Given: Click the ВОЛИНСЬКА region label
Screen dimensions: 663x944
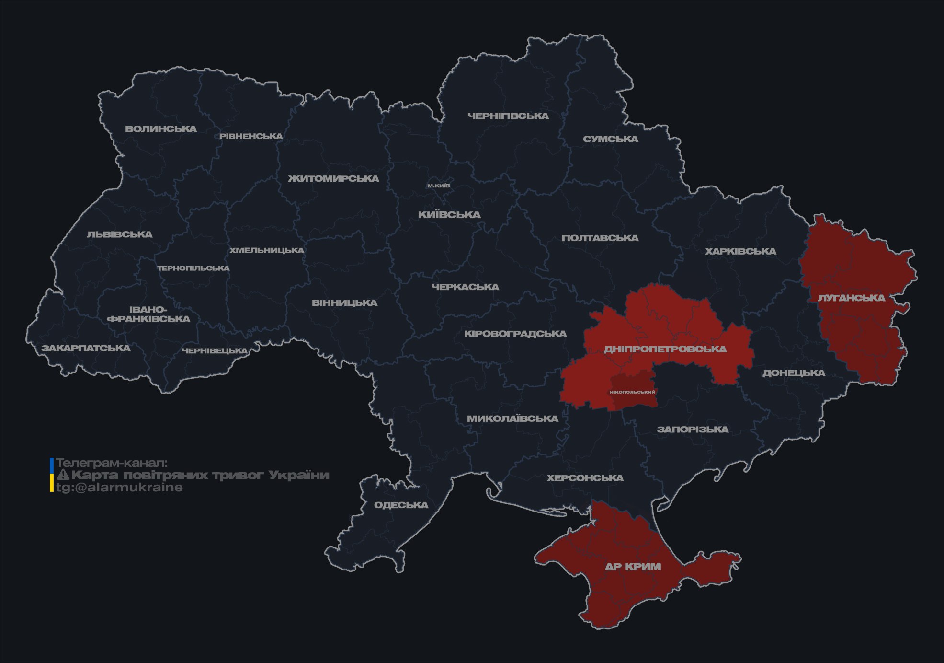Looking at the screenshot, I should (x=161, y=129).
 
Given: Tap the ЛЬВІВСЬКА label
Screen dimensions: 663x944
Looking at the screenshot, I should (x=120, y=234).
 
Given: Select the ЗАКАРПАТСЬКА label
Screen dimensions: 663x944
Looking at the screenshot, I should (x=86, y=348).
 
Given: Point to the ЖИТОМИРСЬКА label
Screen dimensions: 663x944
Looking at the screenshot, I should (x=333, y=179).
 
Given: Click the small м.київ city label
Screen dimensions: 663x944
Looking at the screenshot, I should (x=439, y=186).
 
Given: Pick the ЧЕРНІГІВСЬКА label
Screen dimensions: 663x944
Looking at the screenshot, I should (x=508, y=116).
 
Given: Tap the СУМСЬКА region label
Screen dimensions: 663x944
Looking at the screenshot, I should (x=611, y=139).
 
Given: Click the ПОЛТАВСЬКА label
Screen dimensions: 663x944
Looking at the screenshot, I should (x=600, y=238).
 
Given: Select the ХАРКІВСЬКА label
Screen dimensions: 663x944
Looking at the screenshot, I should (x=740, y=251).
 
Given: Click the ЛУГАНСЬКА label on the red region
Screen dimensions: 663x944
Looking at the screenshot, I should (x=851, y=298).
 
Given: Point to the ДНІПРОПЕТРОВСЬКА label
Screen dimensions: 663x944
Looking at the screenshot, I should (x=665, y=349).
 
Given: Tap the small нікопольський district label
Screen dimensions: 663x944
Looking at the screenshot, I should (x=633, y=392).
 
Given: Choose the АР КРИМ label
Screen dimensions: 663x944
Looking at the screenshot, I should (x=633, y=567).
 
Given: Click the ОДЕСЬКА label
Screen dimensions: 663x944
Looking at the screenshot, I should (x=401, y=505).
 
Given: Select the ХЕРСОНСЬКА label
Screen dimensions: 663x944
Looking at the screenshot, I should (x=585, y=478).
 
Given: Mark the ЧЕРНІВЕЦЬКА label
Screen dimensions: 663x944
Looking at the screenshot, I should (x=215, y=351).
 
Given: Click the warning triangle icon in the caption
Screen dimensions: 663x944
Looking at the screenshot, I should (x=63, y=475).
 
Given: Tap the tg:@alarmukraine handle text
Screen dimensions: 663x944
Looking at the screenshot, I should (x=120, y=488).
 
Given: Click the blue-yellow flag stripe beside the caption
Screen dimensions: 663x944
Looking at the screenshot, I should (x=52, y=475).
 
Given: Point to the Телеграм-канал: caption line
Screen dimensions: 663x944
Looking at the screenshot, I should (x=112, y=463).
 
